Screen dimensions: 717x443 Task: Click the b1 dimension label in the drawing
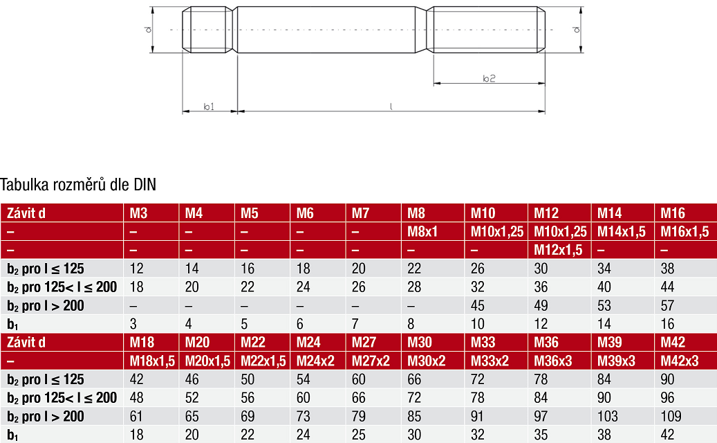pyautogui.click(x=209, y=107)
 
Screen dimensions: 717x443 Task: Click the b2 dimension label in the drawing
pyautogui.click(x=489, y=79)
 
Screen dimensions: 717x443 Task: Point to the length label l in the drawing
pyautogui.click(x=391, y=107)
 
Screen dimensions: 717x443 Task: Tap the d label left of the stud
pyautogui.click(x=148, y=30)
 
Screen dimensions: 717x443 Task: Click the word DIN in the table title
pyautogui.click(x=145, y=184)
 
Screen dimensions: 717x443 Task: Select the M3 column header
pyautogui.click(x=138, y=213)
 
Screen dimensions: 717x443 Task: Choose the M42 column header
pyautogui.click(x=673, y=342)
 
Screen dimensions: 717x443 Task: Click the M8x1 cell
pyautogui.click(x=422, y=232)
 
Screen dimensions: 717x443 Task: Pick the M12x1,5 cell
pyautogui.click(x=559, y=250)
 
